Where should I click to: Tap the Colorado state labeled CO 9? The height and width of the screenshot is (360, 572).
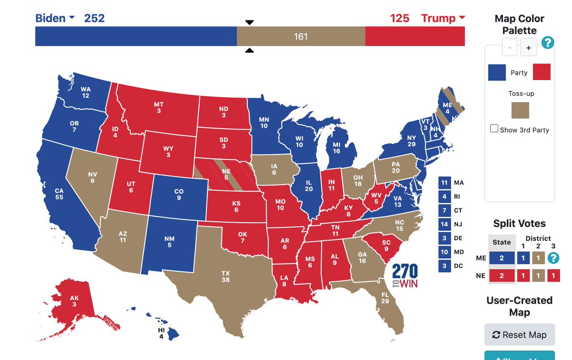pos(179,194)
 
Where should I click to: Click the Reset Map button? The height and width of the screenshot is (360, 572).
pos(519,334)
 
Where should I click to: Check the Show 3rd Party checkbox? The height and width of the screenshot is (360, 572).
pos(494,129)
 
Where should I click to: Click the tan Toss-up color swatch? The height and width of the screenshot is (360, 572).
pos(521,109)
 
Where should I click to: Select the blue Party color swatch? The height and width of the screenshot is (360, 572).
pos(497,72)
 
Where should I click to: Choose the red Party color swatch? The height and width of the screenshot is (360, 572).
pos(541,72)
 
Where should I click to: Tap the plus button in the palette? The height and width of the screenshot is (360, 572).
pos(529,48)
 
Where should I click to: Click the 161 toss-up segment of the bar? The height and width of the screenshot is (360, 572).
pos(301,36)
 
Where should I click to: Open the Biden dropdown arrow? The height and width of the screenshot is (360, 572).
pos(72,18)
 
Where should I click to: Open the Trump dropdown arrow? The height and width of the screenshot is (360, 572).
pos(461,18)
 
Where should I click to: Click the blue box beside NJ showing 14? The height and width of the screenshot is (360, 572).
pos(444,224)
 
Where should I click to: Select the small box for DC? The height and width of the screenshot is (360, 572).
pos(444,266)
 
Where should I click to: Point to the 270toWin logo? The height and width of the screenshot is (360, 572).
pos(405,276)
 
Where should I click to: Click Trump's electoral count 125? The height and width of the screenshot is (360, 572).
pos(399,19)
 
